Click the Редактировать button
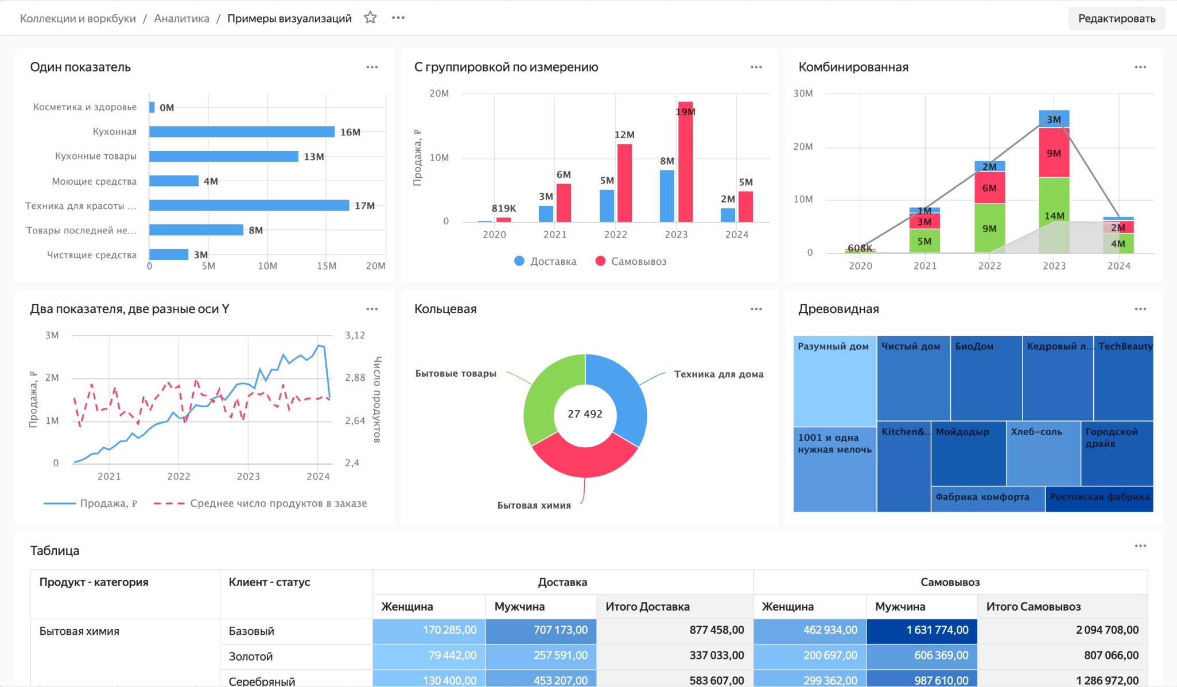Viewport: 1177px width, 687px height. pos(1116,18)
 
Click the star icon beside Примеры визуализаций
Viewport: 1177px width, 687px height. pos(370,18)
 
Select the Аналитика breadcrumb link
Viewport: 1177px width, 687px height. pos(181,18)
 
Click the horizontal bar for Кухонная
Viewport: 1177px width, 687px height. pos(241,132)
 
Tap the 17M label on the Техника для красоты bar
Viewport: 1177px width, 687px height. pos(364,206)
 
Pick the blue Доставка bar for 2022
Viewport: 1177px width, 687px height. pos(607,205)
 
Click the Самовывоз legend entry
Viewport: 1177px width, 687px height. pos(631,261)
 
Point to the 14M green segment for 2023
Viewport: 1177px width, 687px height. pos(1054,216)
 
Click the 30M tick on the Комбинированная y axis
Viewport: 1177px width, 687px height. pos(803,93)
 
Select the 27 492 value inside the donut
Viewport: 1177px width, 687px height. pos(585,414)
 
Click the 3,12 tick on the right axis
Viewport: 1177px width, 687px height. pos(355,335)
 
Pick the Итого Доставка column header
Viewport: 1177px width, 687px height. pos(647,607)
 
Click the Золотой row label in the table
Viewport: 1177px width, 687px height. pos(251,657)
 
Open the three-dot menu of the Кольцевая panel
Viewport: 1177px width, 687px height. pos(756,309)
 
